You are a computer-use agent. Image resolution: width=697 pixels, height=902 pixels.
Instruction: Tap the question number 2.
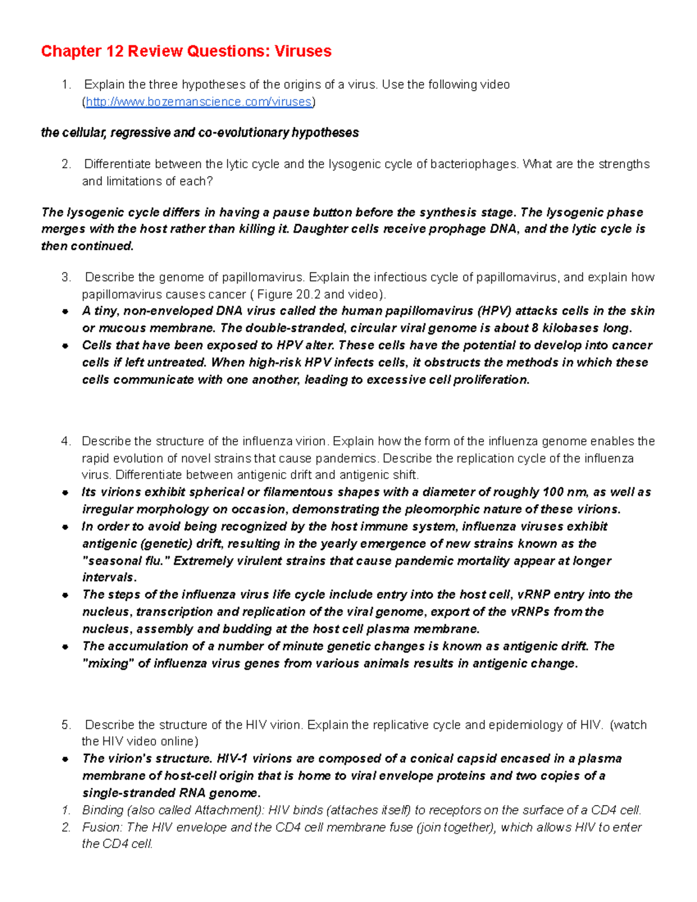tap(66, 164)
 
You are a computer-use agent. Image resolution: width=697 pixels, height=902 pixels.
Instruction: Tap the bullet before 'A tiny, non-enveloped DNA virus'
tap(66, 312)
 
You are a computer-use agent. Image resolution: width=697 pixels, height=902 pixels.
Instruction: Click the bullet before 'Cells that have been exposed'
tap(66, 346)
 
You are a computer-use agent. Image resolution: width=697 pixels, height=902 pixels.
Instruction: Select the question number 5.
tap(66, 725)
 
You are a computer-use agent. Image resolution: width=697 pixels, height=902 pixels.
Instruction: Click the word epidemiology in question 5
tap(526, 725)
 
